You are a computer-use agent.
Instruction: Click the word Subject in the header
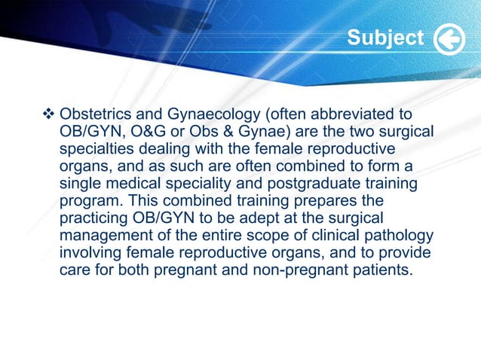tap(385, 38)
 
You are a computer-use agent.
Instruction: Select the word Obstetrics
tap(94, 115)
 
